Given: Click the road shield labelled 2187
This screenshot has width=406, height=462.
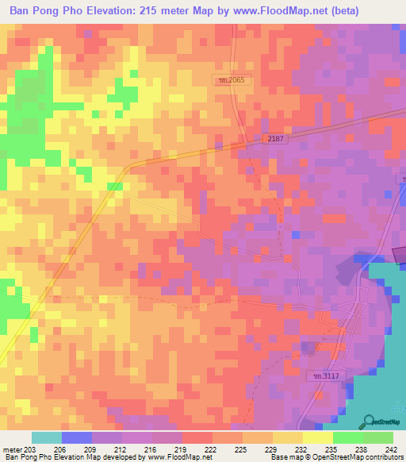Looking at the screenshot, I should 275,138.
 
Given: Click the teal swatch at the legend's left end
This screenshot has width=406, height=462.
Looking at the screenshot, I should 47,437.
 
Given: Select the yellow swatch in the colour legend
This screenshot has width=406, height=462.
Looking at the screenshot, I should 287,437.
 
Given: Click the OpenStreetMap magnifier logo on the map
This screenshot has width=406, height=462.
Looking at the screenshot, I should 368,421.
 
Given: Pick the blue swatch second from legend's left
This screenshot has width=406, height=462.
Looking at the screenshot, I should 77,437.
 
